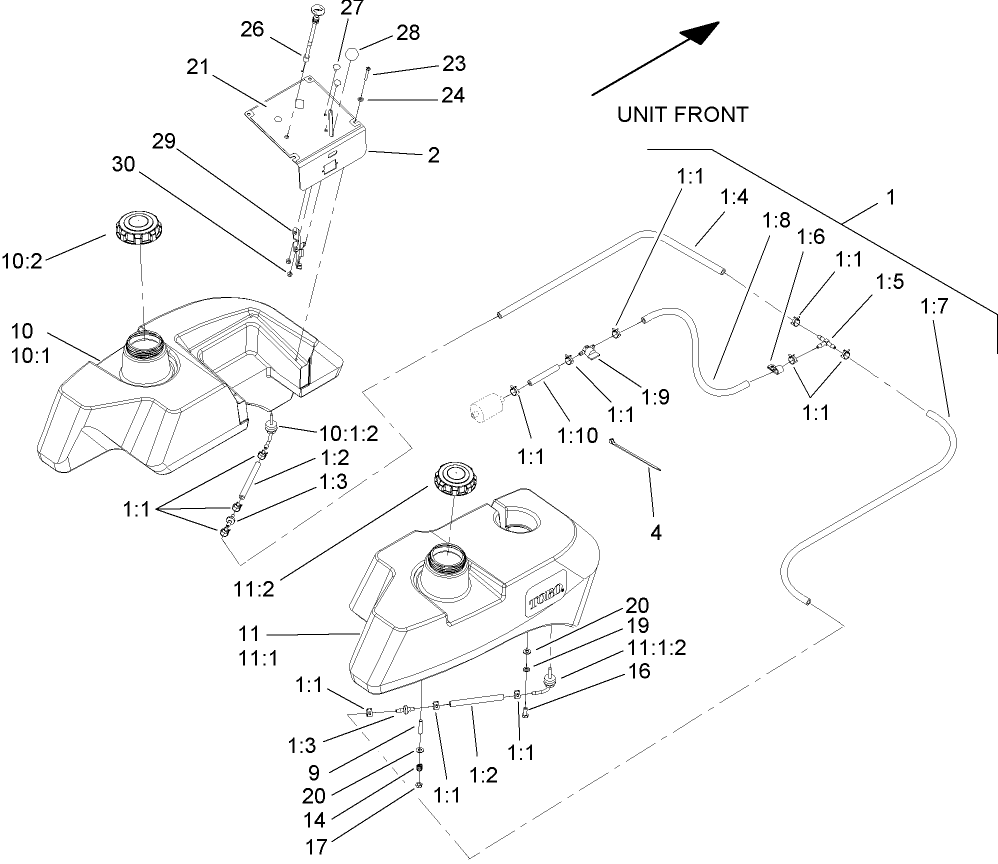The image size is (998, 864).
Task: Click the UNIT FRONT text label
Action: [681, 115]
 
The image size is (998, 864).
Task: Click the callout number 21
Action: [197, 67]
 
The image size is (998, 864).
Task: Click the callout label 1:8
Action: [776, 218]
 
